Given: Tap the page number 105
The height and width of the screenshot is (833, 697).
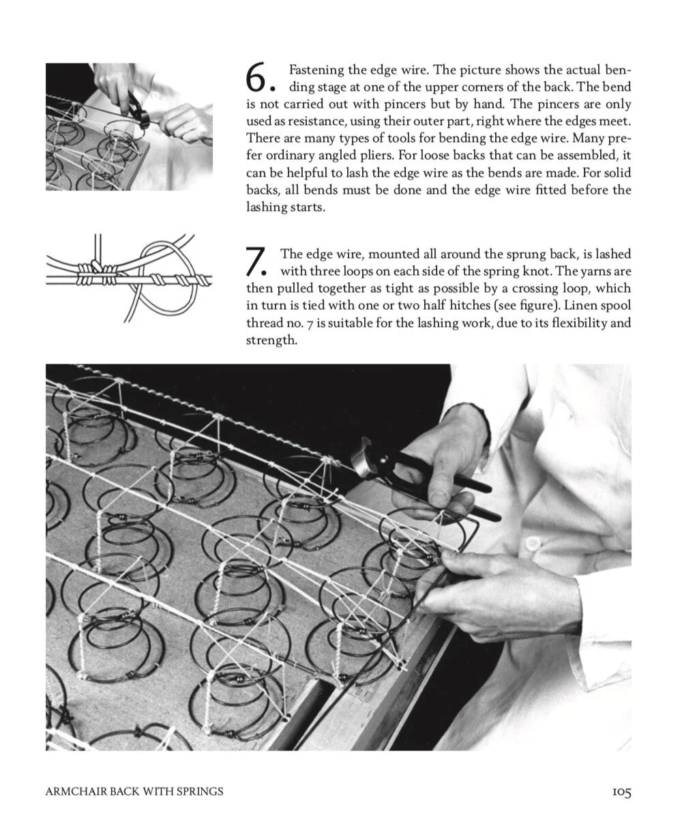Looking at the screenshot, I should point(621,792).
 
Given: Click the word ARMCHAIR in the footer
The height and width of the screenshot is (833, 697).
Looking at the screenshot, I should point(74,792).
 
